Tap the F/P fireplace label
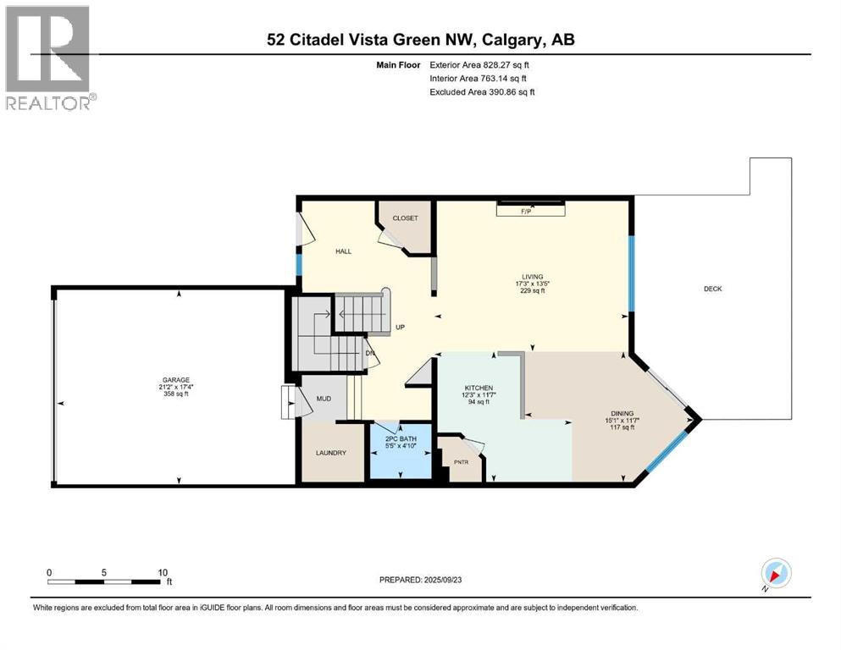(x=530, y=212)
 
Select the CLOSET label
(x=405, y=218)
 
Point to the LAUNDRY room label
(x=331, y=453)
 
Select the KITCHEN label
(x=478, y=388)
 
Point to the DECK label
(x=712, y=289)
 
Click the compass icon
(x=776, y=573)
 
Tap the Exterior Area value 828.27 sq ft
(x=507, y=64)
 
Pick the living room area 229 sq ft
(x=531, y=291)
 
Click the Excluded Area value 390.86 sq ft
(x=507, y=91)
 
